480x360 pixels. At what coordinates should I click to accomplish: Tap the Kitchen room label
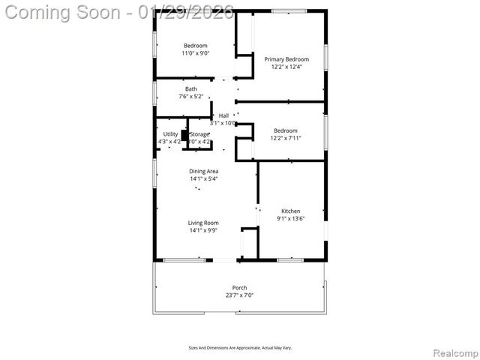290,211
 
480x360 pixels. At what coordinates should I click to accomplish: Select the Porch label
239,288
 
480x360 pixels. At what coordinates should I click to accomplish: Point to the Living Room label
203,223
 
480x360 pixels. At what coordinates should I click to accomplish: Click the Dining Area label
203,171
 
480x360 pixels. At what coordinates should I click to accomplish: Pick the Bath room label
191,89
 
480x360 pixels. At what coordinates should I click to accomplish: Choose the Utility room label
170,134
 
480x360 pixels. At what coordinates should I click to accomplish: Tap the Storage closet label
199,134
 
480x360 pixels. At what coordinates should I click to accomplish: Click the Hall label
223,115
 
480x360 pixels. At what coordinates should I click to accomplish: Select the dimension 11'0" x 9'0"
195,53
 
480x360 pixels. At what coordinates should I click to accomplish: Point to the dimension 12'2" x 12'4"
285,66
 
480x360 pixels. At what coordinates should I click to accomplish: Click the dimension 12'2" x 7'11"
285,138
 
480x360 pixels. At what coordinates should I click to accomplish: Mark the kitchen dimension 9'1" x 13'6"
290,219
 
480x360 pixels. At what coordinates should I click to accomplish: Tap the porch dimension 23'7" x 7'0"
239,295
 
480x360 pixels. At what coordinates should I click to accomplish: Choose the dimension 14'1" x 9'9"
203,230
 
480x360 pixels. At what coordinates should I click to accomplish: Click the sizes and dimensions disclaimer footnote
239,348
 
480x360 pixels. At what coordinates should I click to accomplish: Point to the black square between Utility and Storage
184,136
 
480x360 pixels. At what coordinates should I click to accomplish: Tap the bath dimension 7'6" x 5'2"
191,97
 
